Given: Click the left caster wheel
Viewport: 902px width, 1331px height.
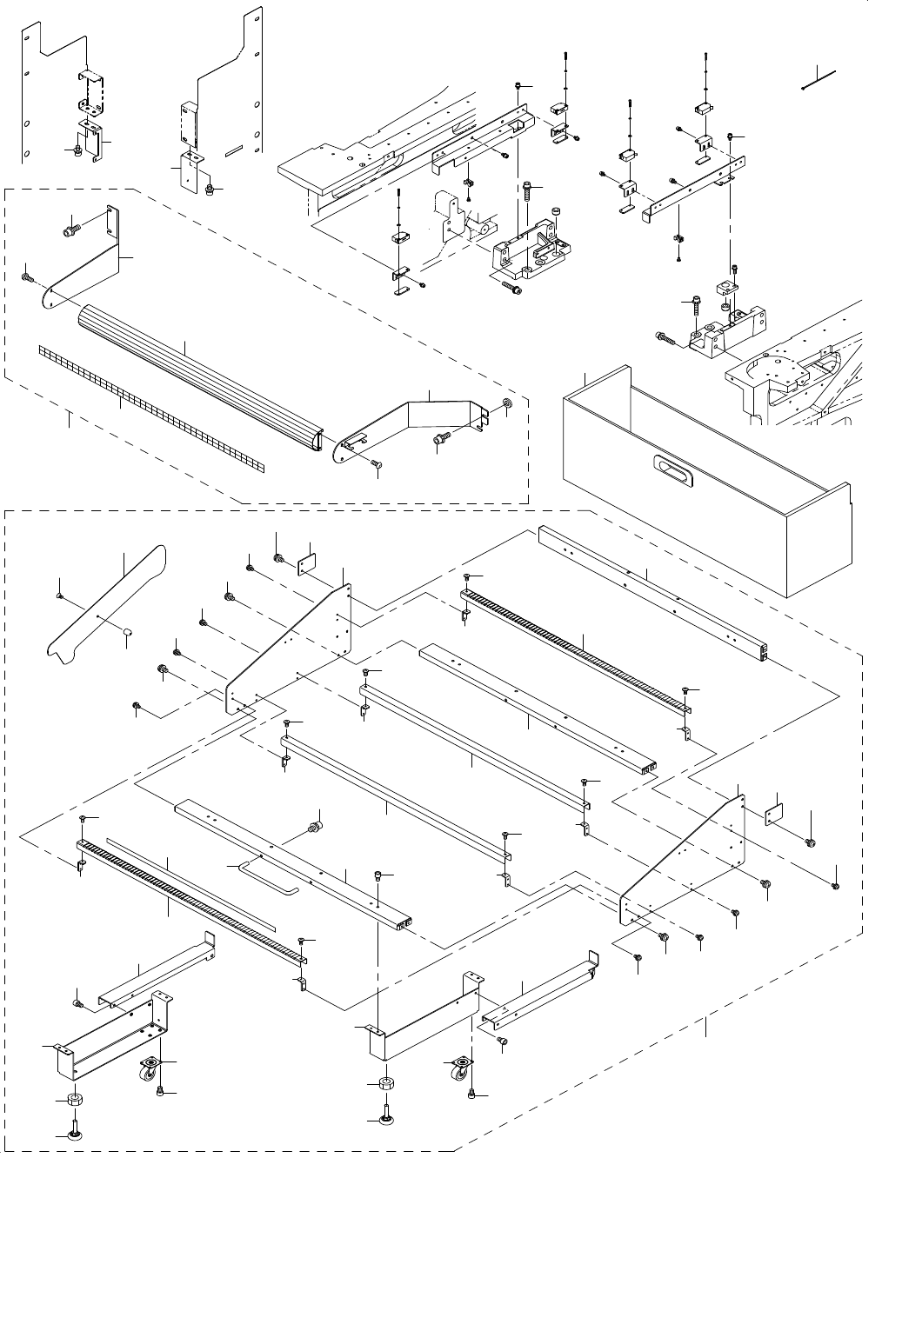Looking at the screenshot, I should [x=150, y=1068].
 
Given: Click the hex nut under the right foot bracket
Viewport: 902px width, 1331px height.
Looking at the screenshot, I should [x=383, y=1085].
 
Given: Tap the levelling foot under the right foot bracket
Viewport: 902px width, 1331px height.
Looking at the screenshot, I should [x=384, y=1115].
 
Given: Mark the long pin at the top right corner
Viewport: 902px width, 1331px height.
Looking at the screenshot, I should [x=818, y=79].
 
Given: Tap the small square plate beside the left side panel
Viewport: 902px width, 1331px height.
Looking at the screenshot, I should [x=306, y=565].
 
